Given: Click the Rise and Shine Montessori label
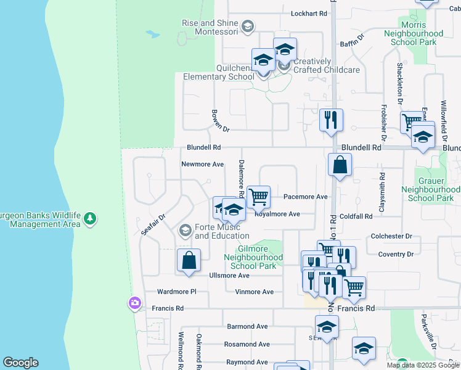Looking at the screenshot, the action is coord(210,27).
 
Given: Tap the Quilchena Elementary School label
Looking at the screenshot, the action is coord(218,73).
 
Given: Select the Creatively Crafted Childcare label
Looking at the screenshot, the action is coord(326,66).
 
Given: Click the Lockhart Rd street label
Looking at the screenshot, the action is coord(308,13).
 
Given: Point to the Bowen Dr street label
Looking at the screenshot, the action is coord(220,121).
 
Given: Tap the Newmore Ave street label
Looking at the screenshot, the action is coord(202,165).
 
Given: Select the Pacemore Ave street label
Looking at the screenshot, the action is coord(306,197).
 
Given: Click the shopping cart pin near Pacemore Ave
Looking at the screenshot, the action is coord(259,197).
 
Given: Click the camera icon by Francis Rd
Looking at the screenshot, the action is coord(134,303).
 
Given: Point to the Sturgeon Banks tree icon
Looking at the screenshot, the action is coord(91,218).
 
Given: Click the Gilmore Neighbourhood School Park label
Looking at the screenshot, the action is coord(253,257).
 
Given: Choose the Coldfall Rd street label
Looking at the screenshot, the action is coord(356,216).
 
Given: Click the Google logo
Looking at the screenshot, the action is coord(20,363).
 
